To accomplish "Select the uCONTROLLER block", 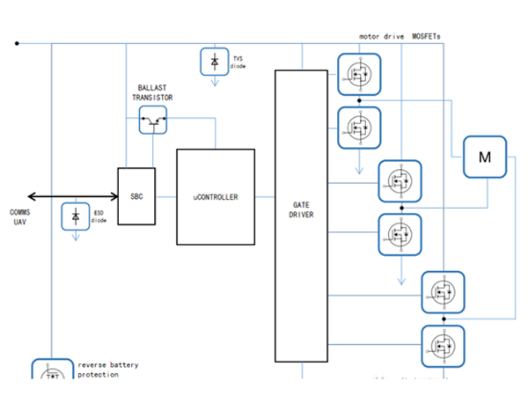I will coord(216,196).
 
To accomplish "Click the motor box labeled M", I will coord(484,158).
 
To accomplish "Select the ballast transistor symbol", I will coord(153,121).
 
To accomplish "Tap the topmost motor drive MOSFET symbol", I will coord(359,73).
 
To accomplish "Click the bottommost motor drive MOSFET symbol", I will coord(443,346).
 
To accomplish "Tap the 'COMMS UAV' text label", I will coord(20,217).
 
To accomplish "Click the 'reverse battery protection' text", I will coord(107,370).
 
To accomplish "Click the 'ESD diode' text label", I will coord(99,217).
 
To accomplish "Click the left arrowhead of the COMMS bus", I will coord(32,195).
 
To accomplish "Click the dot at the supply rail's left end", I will coord(16,42).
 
